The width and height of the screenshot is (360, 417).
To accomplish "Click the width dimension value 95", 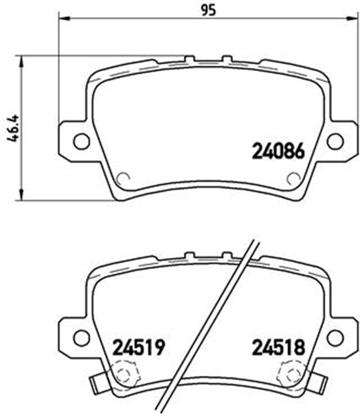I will tap(207, 10).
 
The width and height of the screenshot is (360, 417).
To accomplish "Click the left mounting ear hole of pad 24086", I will tap(81, 141).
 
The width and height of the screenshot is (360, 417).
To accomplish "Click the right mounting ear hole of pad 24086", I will tap(335, 141).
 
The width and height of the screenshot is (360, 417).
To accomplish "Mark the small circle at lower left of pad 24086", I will tap(122, 178).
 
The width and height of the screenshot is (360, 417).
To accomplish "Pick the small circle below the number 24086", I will tap(293, 178).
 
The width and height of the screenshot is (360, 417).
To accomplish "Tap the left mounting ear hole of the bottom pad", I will tap(81, 338).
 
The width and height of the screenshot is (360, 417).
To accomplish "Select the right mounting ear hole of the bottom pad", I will tap(335, 338).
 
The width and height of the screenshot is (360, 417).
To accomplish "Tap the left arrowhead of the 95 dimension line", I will tap(63, 20).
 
